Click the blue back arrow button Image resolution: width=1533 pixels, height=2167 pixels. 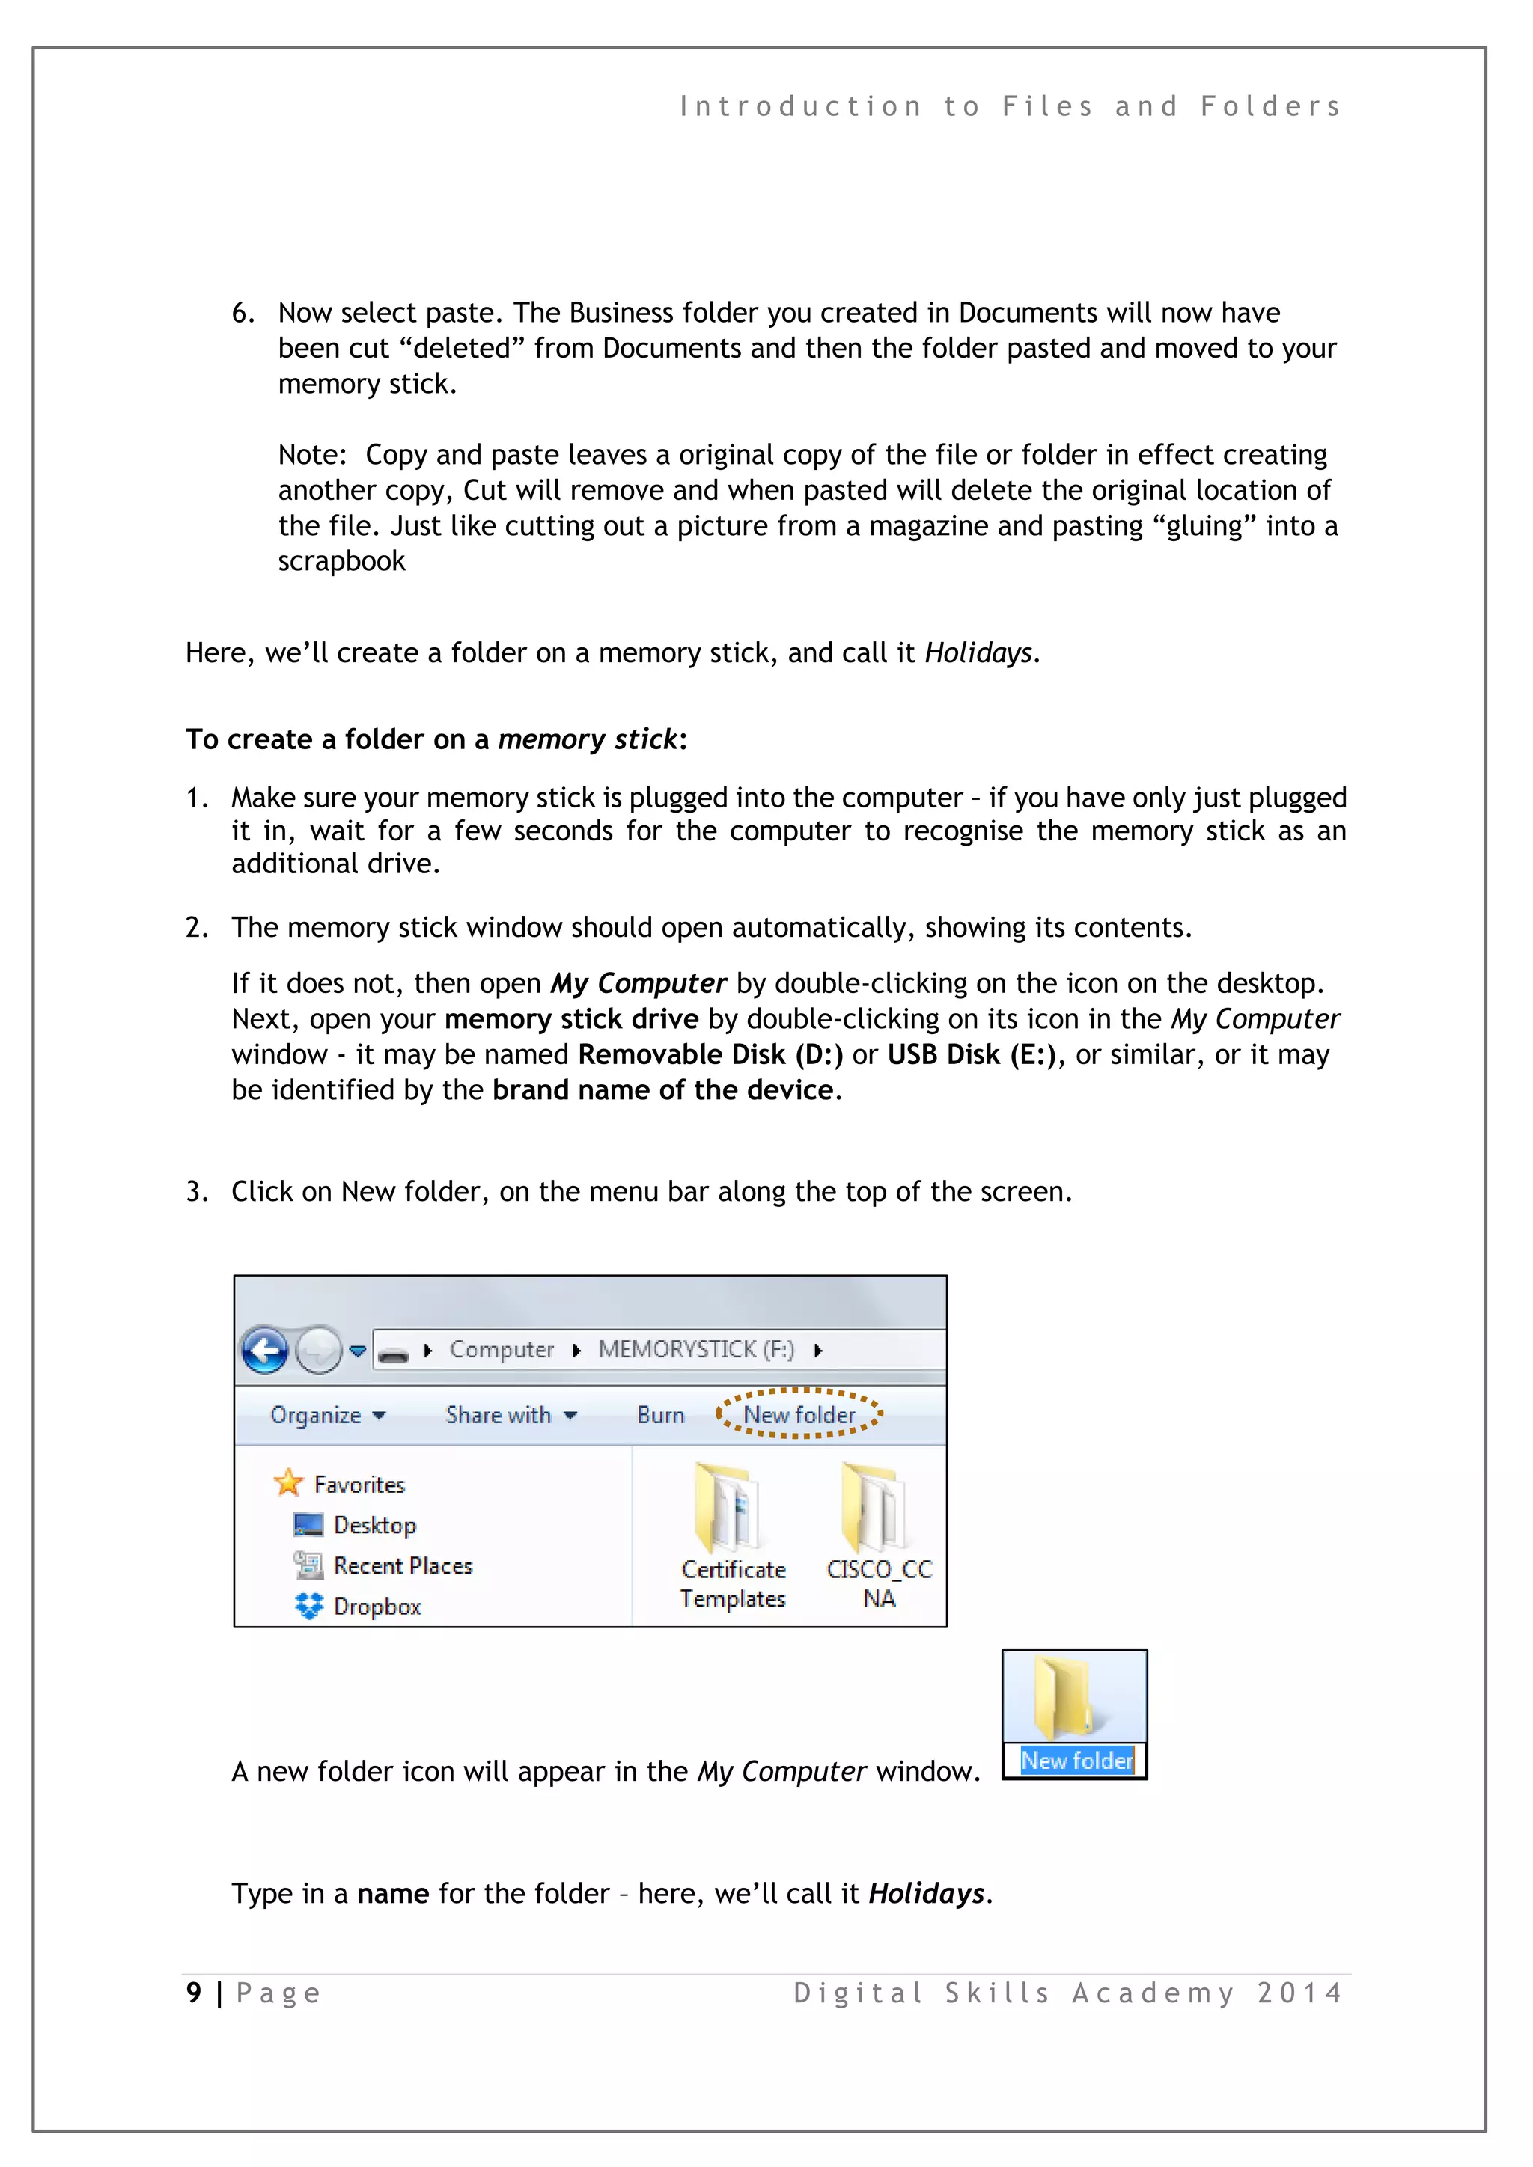point(265,1351)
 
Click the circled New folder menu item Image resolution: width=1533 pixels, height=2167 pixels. point(799,1415)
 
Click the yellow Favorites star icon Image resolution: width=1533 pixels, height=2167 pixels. point(288,1483)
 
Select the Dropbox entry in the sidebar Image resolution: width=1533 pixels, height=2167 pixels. point(376,1607)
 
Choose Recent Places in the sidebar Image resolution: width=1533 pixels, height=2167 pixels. point(402,1566)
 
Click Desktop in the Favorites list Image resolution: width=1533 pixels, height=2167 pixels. point(374,1525)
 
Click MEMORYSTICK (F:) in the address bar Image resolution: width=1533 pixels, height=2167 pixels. point(695,1350)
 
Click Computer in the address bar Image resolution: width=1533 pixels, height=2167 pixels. point(502,1350)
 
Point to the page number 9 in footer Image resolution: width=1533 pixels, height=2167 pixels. point(194,1993)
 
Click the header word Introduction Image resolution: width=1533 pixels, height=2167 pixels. point(800,107)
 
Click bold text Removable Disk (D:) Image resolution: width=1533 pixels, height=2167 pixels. point(710,1054)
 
